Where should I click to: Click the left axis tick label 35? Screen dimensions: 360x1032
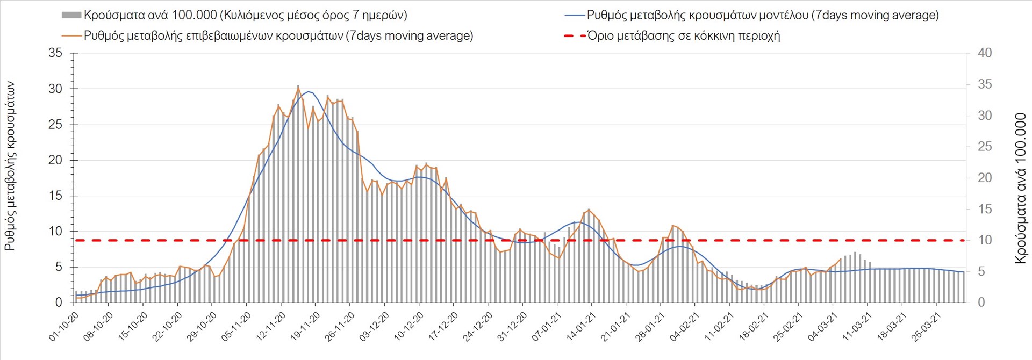(55, 53)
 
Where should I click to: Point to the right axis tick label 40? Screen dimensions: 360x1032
(985, 53)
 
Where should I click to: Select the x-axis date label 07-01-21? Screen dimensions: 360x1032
(547, 326)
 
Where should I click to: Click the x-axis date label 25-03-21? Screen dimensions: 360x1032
(927, 326)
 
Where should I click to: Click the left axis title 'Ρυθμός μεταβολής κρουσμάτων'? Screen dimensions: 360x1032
(10, 166)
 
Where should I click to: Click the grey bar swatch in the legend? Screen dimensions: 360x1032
(71, 15)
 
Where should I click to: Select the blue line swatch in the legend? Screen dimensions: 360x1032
(575, 15)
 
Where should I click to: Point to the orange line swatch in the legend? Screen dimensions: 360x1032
(71, 36)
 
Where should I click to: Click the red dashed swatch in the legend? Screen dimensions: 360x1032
(575, 36)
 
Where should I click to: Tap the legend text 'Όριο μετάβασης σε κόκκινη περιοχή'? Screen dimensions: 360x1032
(683, 36)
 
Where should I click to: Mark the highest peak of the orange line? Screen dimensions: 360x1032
(298, 87)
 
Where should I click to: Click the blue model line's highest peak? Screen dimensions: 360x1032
(308, 91)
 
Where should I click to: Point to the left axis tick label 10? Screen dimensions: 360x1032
(55, 232)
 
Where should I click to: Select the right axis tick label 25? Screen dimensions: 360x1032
(985, 147)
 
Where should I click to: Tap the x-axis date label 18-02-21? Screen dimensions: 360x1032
(754, 326)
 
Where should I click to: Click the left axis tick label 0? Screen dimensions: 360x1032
(59, 303)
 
